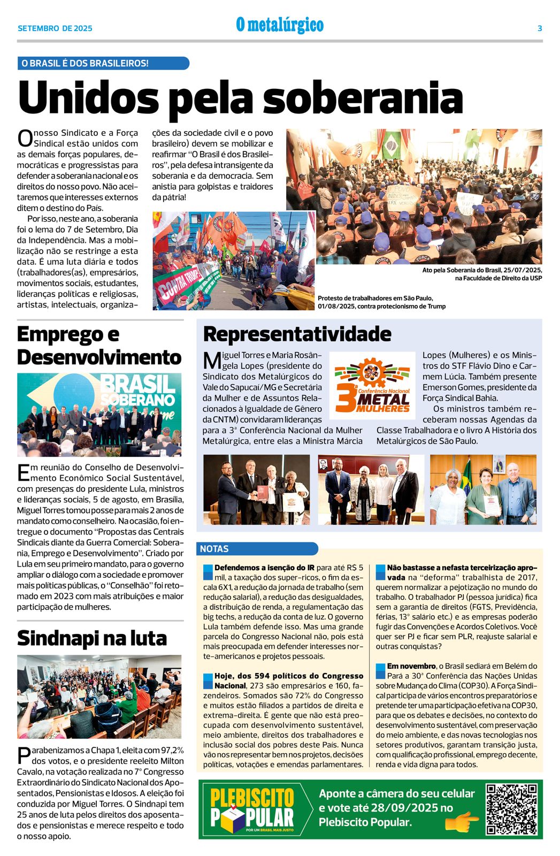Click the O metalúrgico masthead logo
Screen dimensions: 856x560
click(280, 25)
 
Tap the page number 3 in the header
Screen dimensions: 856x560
click(540, 28)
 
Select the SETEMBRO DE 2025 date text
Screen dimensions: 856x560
click(55, 28)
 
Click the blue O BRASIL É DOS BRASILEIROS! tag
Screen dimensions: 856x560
click(103, 63)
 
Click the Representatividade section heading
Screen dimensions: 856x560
click(297, 334)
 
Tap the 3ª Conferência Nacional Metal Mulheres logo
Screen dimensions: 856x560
click(372, 385)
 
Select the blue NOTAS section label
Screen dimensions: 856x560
click(257, 548)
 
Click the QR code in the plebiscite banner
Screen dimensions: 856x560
click(511, 809)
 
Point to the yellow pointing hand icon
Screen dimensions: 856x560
click(462, 821)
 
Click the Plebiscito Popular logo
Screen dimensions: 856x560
click(252, 809)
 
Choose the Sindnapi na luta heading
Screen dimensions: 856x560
click(92, 638)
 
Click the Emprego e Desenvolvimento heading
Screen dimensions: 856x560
click(99, 346)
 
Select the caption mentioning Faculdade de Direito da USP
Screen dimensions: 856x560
click(482, 274)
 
